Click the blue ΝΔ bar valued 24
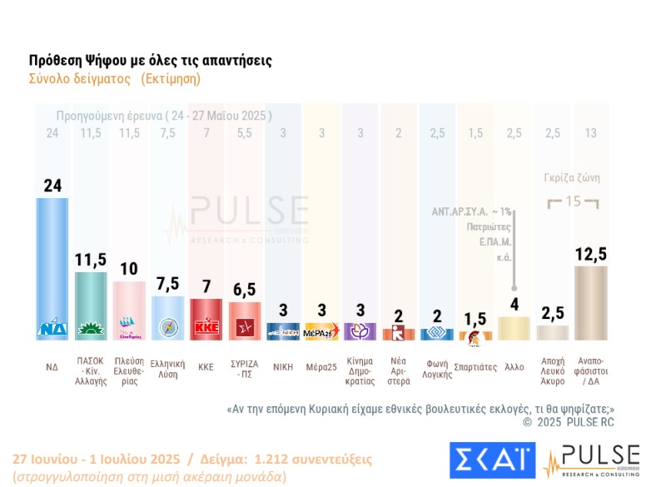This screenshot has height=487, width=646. coord(52,266)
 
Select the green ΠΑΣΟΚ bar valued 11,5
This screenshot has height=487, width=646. coord(91,305)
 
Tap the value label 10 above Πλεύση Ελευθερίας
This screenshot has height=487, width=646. coord(129,270)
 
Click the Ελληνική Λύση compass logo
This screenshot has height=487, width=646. coord(167,328)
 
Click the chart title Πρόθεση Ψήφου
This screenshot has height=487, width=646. coord(150,61)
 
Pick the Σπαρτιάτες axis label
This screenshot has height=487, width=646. coord(476,366)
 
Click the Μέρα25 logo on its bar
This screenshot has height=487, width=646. coord(321,332)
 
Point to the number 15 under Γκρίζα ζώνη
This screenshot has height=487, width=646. coord(573,201)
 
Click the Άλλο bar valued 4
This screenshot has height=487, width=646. coord(514,329)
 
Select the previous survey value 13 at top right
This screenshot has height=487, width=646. coord(591,133)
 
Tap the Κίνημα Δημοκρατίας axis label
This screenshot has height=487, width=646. coord(360,371)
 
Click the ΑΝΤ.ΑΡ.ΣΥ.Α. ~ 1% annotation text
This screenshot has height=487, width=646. coord(471,212)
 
